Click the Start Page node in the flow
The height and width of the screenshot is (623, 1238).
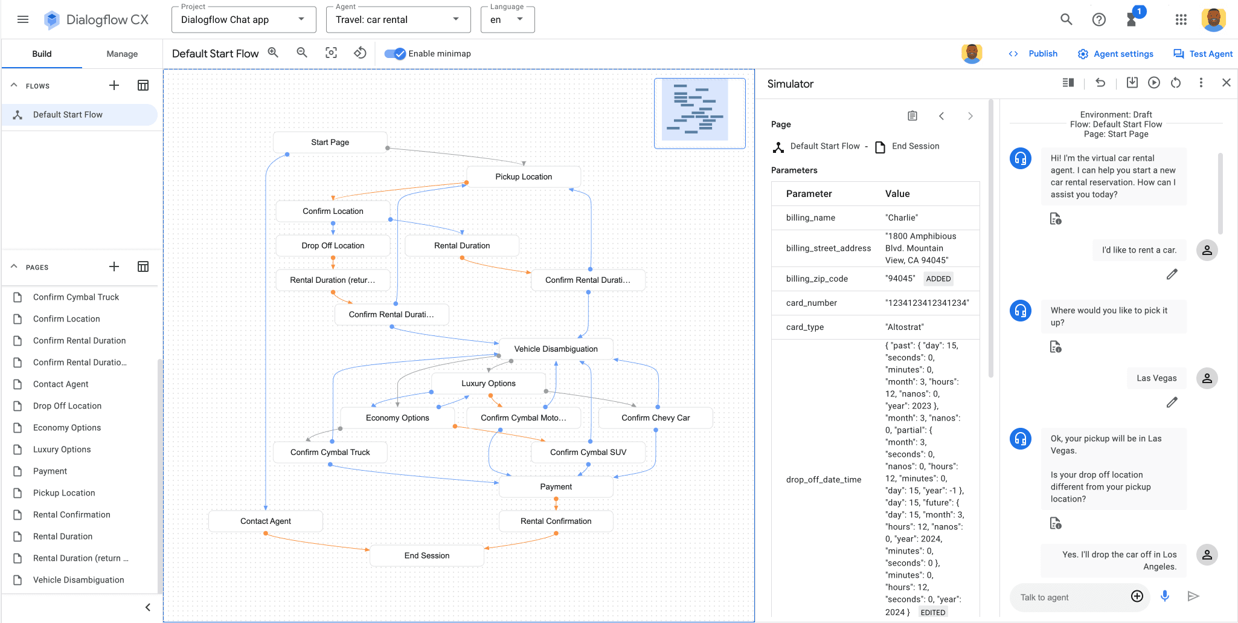(x=330, y=143)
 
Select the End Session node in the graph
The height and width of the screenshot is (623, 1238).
(x=426, y=556)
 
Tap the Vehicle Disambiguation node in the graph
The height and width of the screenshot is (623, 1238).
(x=556, y=349)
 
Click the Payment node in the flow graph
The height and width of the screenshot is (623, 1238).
(x=556, y=487)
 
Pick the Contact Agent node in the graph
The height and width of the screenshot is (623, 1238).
(x=265, y=521)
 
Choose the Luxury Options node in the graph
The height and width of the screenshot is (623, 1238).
(x=488, y=384)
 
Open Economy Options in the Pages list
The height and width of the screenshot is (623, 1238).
(x=67, y=428)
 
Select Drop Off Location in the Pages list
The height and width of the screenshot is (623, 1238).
(x=67, y=406)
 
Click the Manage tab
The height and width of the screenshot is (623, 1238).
(x=122, y=54)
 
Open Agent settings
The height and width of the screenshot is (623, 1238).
(x=1115, y=54)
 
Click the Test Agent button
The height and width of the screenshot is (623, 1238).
(x=1203, y=54)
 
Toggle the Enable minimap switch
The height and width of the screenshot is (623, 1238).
(x=396, y=54)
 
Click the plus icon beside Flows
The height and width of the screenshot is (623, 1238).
(x=114, y=86)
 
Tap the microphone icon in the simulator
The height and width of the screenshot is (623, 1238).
(x=1165, y=596)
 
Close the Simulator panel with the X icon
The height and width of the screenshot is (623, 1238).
(x=1226, y=83)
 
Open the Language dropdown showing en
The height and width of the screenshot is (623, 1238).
(x=507, y=20)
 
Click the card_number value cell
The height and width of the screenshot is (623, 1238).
(x=927, y=303)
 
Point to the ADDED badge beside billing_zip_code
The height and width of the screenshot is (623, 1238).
(x=938, y=279)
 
